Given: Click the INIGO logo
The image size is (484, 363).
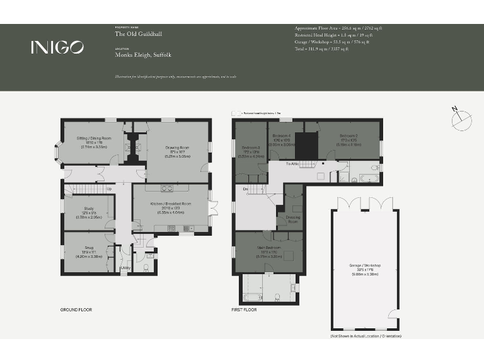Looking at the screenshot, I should (x=57, y=47).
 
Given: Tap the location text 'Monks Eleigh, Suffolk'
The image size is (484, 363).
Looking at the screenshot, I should (x=142, y=55).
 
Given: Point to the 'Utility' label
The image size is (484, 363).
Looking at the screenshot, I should (x=125, y=268).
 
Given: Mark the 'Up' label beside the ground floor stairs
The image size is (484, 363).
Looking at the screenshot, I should (x=109, y=189).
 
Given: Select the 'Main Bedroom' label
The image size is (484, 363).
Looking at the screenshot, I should (x=268, y=248).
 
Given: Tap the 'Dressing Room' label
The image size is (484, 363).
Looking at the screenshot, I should (x=293, y=220).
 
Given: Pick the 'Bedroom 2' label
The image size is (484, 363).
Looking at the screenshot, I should (x=349, y=136).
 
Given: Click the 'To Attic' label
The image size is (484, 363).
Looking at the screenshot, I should (x=292, y=164).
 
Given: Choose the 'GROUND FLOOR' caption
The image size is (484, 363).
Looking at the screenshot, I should (x=76, y=309).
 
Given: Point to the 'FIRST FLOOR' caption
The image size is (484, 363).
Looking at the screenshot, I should (x=245, y=309).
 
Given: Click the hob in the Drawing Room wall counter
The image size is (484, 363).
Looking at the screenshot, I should (x=168, y=187).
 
